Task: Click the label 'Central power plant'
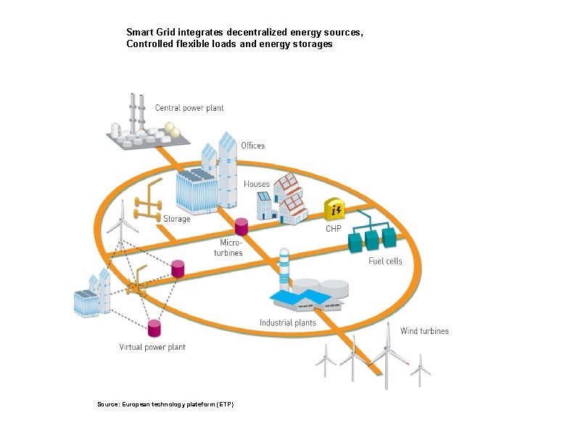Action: pos(189,108)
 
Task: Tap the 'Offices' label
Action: pos(253,146)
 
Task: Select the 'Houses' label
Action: pos(257,184)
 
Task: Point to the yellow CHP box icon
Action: pos(335,210)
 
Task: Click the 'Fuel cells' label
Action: pos(384,261)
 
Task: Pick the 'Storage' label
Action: pos(177,219)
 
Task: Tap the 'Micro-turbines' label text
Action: pos(231,247)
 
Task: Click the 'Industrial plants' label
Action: pos(288,322)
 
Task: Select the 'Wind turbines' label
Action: pos(424,331)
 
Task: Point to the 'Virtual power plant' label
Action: pos(152,347)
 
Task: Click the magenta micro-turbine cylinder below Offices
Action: pos(241,226)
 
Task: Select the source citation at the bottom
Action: pos(165,403)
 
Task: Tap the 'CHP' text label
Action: pos(333,228)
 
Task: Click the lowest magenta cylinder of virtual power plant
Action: pos(154,327)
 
